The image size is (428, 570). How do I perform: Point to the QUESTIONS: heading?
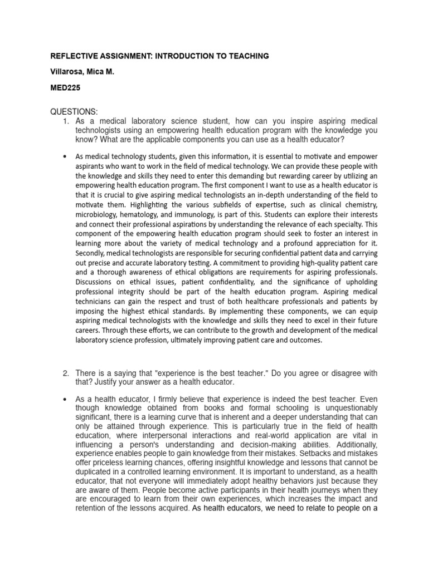74,112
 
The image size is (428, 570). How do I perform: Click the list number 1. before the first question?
65,121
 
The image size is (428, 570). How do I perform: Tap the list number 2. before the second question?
65,372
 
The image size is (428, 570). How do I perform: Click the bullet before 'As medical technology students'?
66,158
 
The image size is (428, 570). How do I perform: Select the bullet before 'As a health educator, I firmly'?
66,399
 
